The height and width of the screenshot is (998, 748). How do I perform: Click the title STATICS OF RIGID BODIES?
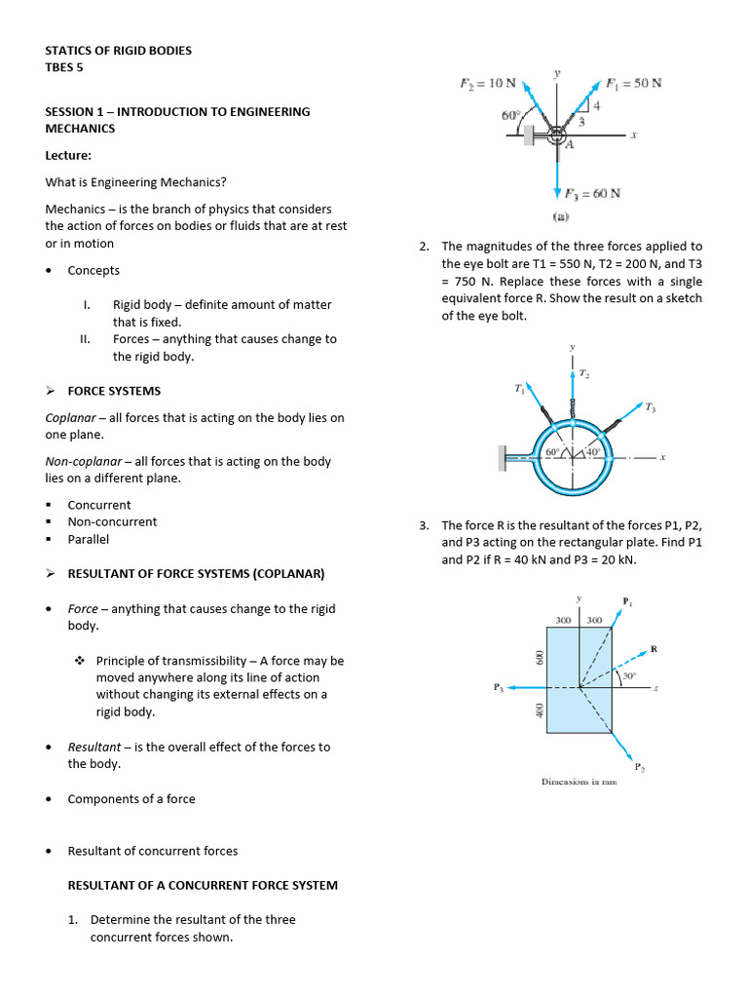tap(118, 50)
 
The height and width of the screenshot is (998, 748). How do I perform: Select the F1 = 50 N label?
tap(633, 83)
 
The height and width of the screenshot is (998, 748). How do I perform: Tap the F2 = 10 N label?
tap(487, 83)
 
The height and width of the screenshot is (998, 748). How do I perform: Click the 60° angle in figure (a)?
tap(511, 115)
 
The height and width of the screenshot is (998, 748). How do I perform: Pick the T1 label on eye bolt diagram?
tap(520, 389)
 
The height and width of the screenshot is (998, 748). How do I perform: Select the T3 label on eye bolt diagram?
tap(650, 408)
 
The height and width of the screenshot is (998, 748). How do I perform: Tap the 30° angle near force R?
tap(629, 675)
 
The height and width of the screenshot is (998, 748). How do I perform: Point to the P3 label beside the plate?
tap(499, 687)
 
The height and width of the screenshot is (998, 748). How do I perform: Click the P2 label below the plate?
tap(639, 768)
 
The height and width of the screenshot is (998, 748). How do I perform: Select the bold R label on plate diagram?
tap(654, 648)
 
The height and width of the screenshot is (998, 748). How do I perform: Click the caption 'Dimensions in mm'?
tap(580, 782)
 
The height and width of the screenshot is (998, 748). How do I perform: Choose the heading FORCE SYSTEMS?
tap(114, 391)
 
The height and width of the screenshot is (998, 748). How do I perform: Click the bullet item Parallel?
tap(88, 539)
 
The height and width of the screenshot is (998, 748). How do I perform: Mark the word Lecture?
tap(69, 155)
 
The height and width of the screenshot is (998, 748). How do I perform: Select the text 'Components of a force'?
tap(131, 799)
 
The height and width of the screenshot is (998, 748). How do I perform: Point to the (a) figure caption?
tap(562, 215)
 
